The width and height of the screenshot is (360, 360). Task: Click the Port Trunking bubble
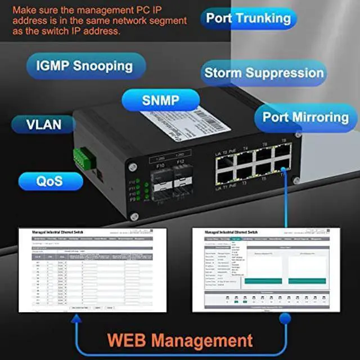pyautogui.click(x=248, y=17)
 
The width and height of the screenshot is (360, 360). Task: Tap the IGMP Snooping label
pyautogui.click(x=84, y=66)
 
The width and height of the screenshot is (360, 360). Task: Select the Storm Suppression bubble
pyautogui.click(x=264, y=73)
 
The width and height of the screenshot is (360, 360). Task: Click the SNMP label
pyautogui.click(x=160, y=101)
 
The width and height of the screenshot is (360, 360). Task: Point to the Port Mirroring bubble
pyautogui.click(x=305, y=117)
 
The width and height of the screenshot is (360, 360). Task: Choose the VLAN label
pyautogui.click(x=43, y=124)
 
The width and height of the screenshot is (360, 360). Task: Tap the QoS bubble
pyautogui.click(x=49, y=181)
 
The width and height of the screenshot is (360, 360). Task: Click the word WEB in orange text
pyautogui.click(x=134, y=340)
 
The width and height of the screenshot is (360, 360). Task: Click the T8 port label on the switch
pyautogui.click(x=283, y=140)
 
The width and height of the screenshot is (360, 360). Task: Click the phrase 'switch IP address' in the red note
pyautogui.click(x=84, y=31)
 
